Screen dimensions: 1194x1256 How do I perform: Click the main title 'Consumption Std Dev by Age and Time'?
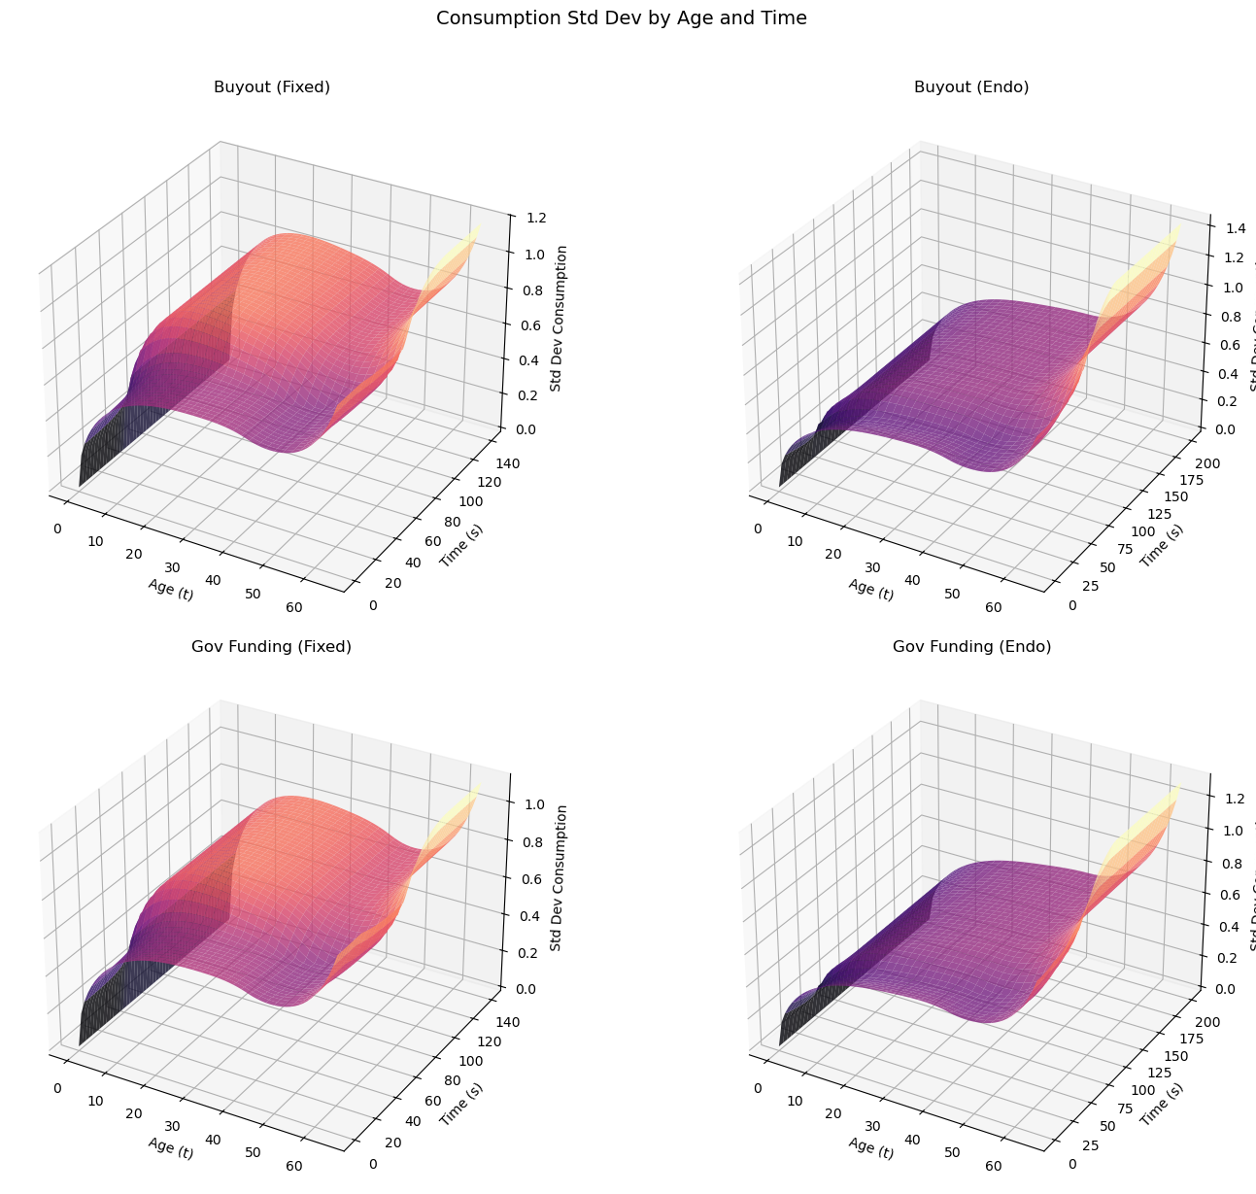pyautogui.click(x=622, y=17)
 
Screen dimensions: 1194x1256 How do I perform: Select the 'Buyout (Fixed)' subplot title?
pyautogui.click(x=272, y=87)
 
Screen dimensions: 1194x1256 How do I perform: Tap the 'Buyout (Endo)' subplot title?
pyautogui.click(x=971, y=87)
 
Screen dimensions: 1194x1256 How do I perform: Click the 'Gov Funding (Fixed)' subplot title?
pyautogui.click(x=272, y=647)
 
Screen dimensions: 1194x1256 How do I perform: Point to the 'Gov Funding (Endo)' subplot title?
pyautogui.click(x=971, y=647)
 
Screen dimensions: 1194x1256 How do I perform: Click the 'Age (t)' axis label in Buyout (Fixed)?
pyautogui.click(x=171, y=590)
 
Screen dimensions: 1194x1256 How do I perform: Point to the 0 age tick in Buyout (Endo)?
pyautogui.click(x=757, y=529)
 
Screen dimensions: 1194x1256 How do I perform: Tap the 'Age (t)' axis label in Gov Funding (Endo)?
pyautogui.click(x=871, y=1149)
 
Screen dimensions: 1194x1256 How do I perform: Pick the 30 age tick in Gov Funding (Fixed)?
pyautogui.click(x=172, y=1126)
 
